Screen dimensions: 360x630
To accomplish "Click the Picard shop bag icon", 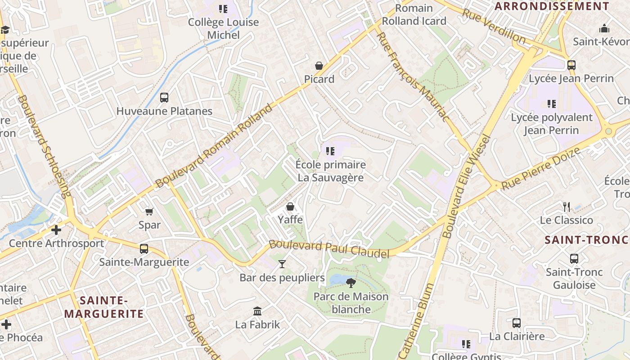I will click(319, 66).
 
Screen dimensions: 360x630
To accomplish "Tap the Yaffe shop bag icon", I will click(290, 207).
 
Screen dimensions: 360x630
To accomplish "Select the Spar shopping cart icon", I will click(149, 211).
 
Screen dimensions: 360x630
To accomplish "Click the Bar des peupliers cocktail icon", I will click(282, 264).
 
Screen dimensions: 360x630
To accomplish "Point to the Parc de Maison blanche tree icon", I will click(351, 283).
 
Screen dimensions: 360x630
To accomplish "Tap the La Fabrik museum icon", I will click(257, 311).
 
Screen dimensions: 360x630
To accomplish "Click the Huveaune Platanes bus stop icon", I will click(164, 98).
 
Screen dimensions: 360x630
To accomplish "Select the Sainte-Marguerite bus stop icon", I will click(144, 248).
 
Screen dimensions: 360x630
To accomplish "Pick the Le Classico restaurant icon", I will click(567, 207).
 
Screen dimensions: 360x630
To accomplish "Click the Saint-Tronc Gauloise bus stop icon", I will click(574, 259).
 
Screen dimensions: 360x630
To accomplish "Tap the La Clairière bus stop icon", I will click(517, 323).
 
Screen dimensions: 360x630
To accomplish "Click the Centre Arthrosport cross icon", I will click(56, 230).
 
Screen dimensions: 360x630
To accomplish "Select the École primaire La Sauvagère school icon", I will click(330, 151).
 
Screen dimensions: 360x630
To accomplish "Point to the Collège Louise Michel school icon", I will click(223, 9).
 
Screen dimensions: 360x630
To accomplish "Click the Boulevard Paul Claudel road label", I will click(329, 249).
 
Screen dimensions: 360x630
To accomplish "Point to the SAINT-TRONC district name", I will click(586, 240).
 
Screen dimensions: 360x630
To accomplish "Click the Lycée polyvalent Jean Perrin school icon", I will click(552, 104).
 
